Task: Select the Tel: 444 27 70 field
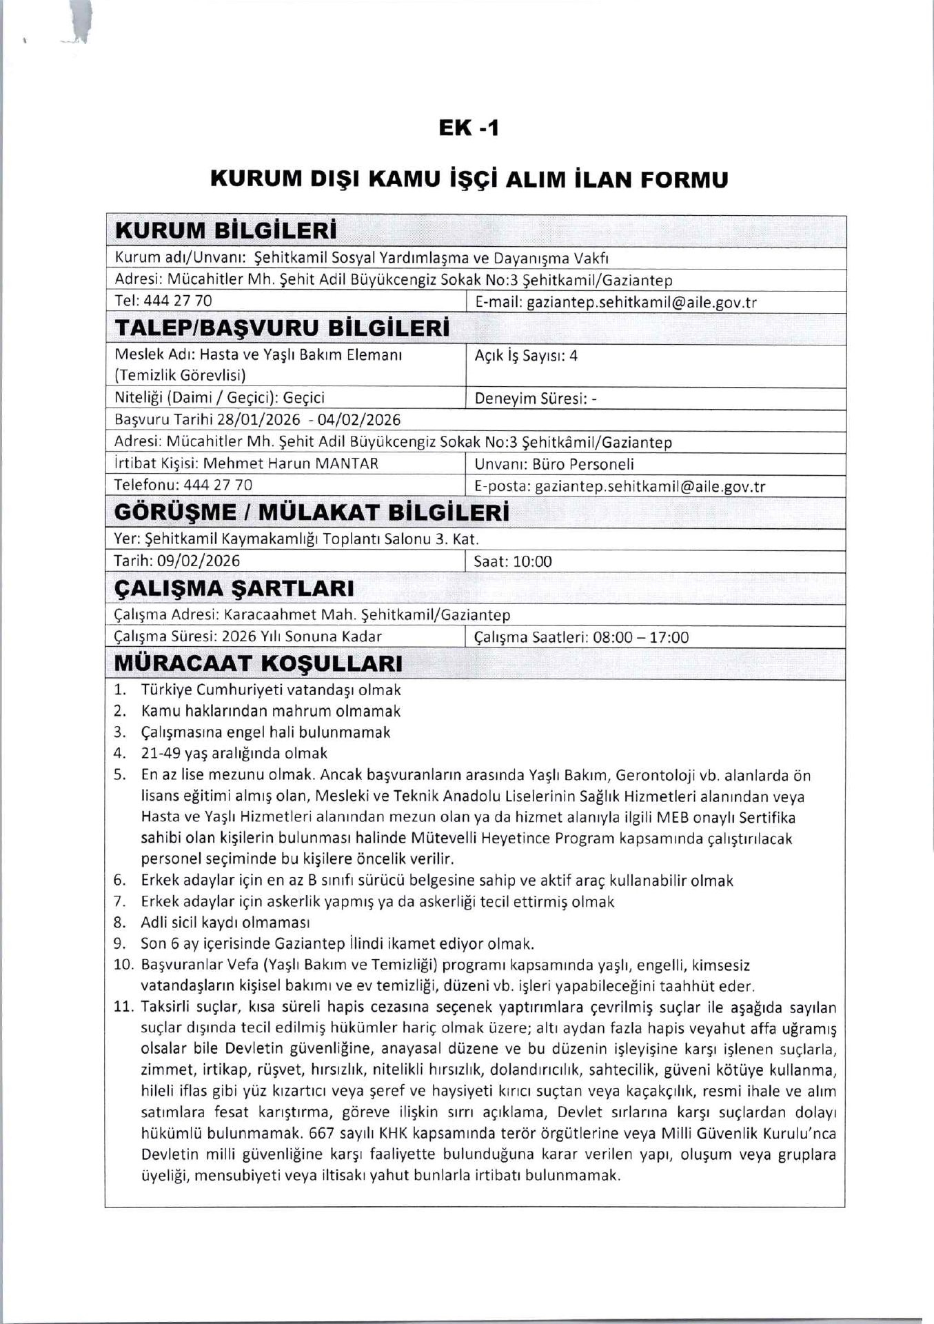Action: coord(163,301)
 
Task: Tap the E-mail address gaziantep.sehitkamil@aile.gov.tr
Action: coord(641,302)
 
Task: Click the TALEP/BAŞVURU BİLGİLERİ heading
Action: coord(283,328)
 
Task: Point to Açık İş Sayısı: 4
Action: coord(526,356)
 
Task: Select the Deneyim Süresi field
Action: coord(536,399)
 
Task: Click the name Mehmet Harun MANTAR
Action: coord(291,463)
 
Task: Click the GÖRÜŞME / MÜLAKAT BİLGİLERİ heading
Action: coord(312,513)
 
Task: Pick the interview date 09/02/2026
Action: coord(199,561)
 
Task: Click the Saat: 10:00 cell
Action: coord(513,561)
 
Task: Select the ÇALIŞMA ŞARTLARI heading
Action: coord(234,588)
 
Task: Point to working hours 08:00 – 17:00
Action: coord(640,637)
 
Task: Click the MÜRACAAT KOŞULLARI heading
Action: coord(258,663)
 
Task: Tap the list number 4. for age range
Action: coord(120,753)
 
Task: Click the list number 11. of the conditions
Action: coord(123,1007)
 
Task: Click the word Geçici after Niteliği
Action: coord(304,398)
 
